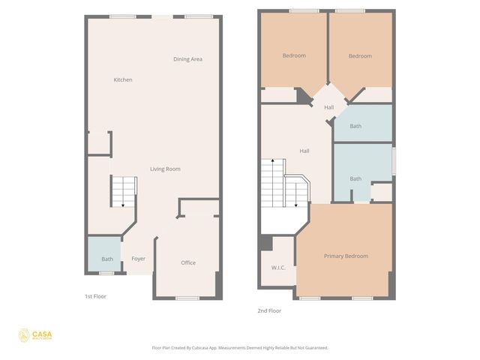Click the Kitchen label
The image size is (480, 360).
(123, 79)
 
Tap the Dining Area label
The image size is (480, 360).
(187, 59)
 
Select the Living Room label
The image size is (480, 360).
(165, 169)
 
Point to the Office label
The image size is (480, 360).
(188, 262)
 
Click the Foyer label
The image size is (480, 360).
(139, 259)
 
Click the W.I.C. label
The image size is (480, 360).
(270, 267)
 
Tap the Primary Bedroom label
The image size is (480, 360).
(346, 256)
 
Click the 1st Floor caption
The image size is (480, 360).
(95, 296)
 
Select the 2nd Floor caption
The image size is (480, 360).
(269, 310)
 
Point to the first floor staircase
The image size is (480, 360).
(123, 192)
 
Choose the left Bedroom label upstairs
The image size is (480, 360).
(294, 55)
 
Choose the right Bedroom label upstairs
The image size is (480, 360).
(360, 55)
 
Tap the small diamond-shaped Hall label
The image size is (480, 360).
(329, 107)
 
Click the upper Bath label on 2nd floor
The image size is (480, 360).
(355, 126)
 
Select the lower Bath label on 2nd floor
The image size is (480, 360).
(355, 178)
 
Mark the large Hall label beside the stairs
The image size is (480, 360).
(304, 151)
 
